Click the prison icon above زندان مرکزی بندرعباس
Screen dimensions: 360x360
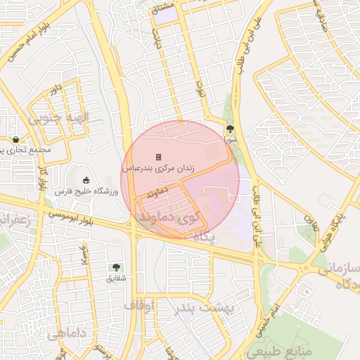point(159,156)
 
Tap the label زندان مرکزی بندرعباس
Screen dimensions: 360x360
point(159,169)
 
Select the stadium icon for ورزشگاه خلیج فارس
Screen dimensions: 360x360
point(86,180)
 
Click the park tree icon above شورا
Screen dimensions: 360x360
point(230,129)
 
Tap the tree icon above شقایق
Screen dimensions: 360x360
point(115,267)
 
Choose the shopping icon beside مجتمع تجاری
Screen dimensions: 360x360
point(15,139)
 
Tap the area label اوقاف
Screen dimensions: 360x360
point(139,306)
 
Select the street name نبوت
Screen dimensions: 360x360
point(200,88)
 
